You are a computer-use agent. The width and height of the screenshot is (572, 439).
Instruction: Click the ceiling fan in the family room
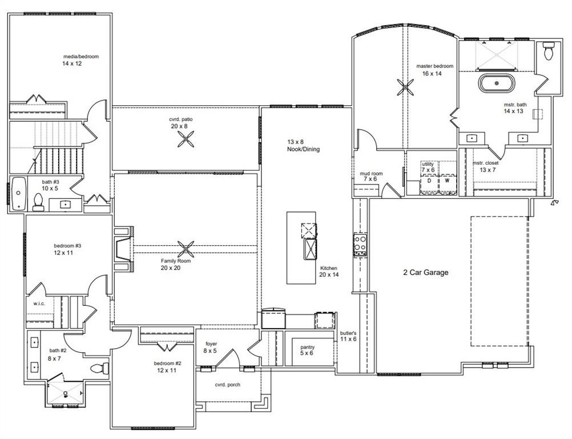(x=186, y=249)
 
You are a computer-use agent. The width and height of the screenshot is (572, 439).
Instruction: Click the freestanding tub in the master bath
(x=496, y=83)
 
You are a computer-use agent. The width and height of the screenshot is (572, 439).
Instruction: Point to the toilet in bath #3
(x=39, y=201)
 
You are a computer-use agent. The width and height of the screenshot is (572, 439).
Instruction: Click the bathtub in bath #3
(x=18, y=194)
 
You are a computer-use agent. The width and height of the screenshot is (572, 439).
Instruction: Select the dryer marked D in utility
(x=429, y=181)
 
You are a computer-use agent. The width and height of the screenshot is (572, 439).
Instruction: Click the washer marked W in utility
(x=447, y=181)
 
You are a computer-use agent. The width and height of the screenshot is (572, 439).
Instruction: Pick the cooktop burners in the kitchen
(x=360, y=244)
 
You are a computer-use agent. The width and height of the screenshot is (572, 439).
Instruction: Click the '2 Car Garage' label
(x=425, y=273)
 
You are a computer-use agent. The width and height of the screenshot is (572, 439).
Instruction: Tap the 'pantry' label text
(x=307, y=347)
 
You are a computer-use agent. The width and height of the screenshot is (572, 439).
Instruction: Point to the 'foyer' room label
(x=211, y=344)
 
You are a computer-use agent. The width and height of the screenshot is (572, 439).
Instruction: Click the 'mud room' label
(x=370, y=173)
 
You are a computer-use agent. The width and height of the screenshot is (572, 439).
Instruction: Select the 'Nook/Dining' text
(x=303, y=149)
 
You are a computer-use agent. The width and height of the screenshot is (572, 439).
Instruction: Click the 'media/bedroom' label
(x=80, y=57)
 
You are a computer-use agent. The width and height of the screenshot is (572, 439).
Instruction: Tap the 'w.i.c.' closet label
(x=39, y=304)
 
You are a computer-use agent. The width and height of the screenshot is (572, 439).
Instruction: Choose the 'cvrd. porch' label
(x=227, y=385)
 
